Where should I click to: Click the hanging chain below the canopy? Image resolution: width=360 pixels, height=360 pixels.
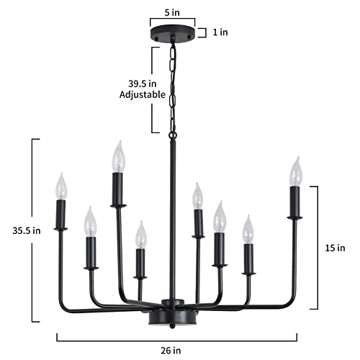(x=172, y=86)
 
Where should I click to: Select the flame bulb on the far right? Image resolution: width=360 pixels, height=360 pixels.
(x=294, y=171)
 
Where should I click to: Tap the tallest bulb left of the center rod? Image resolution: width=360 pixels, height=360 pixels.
(x=117, y=156)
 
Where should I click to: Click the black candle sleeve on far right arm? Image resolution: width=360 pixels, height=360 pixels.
(x=294, y=202)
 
